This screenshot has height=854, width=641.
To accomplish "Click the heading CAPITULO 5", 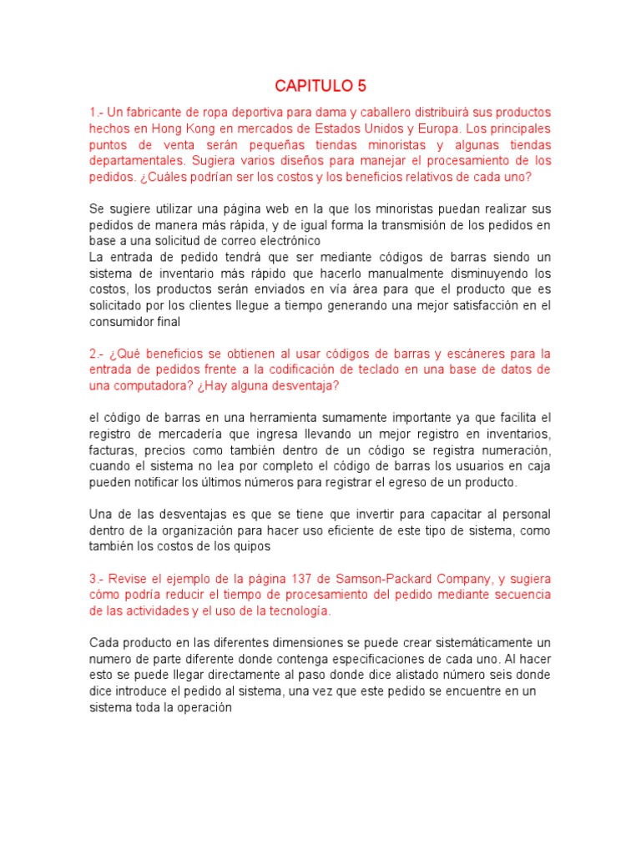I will (320, 86).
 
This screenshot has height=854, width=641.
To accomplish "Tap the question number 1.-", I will (98, 113).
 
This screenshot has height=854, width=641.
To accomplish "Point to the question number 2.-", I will (98, 354).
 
